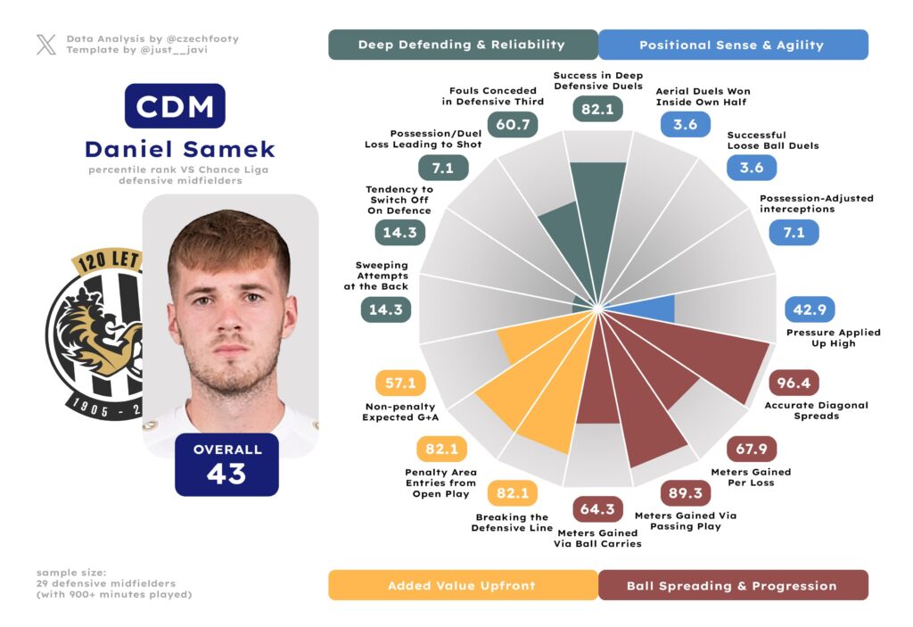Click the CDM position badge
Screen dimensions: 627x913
[x=175, y=106]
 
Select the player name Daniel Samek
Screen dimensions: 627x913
[x=180, y=149]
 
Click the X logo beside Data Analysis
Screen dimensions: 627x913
[x=46, y=45]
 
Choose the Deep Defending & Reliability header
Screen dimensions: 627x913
[x=462, y=45]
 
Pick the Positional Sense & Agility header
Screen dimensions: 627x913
[x=732, y=45]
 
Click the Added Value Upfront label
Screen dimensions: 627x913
[x=462, y=585]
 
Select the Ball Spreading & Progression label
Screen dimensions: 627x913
[x=732, y=585]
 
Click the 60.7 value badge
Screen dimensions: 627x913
[x=513, y=124]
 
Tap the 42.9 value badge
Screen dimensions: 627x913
[x=809, y=309]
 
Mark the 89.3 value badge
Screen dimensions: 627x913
[x=685, y=494]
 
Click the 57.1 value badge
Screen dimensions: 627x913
[x=400, y=384]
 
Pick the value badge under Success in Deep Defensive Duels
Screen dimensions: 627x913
[x=596, y=108]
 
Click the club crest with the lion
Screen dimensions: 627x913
[x=94, y=334]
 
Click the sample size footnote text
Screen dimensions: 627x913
[x=114, y=583]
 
